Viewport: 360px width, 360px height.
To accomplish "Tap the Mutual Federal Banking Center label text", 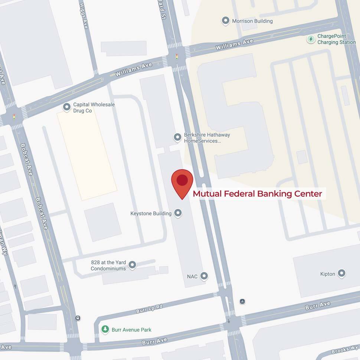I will point(257,194).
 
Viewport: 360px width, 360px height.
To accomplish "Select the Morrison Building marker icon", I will point(225,21).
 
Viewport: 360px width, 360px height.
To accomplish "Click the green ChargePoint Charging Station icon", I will point(311,39).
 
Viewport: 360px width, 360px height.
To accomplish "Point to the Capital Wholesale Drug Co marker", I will point(67,107).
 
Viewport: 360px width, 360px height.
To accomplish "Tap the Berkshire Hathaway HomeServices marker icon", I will point(178,137).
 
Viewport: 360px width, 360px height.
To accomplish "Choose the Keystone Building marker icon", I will point(178,213).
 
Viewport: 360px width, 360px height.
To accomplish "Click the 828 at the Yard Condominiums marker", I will point(132,265).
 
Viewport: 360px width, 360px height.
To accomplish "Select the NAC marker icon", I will point(204,276).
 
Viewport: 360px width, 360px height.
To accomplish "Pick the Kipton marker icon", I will point(342,274).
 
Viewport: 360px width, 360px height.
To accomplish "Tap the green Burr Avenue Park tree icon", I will point(105,329).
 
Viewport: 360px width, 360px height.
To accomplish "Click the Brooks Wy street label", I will point(345,350).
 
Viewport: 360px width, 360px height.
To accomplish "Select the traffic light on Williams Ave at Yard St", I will point(177,57).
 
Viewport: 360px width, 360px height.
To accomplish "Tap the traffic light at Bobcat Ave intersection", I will point(14,117).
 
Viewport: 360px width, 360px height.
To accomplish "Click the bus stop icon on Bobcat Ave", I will point(78,318).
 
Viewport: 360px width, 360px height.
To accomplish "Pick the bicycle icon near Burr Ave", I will point(242,301).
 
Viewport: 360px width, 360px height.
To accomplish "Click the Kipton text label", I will point(328,274).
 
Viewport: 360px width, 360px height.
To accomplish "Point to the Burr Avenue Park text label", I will point(132,330).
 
